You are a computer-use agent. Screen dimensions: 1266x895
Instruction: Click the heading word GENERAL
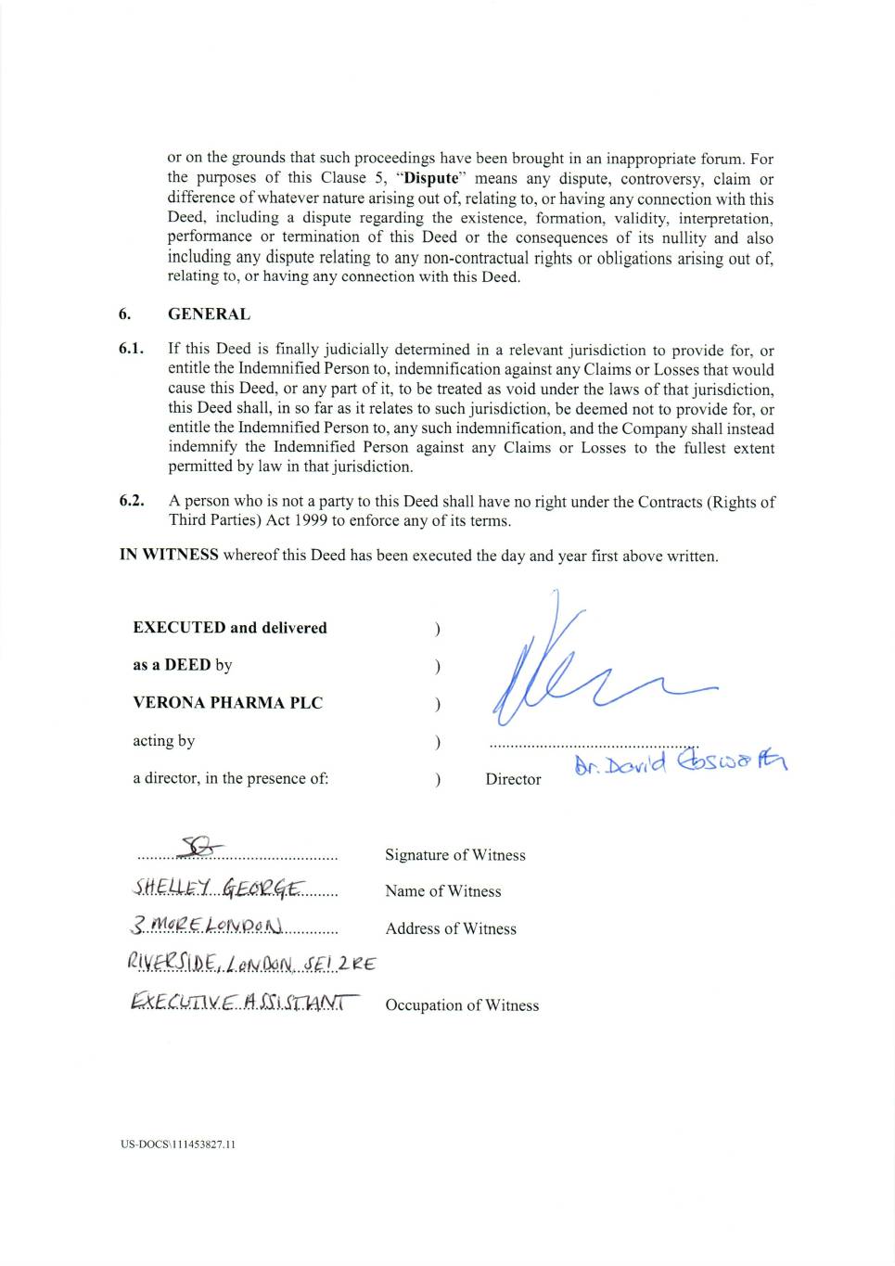tap(209, 314)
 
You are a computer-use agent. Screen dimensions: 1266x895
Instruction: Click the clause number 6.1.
tap(131, 350)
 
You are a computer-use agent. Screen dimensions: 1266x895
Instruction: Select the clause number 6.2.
tap(131, 501)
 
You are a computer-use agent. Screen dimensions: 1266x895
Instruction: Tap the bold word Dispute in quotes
tap(431, 178)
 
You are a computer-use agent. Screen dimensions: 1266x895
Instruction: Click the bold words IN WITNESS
tap(169, 555)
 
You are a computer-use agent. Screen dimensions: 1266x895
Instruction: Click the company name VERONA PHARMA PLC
tap(227, 702)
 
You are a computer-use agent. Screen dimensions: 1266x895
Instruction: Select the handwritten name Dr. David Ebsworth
tap(680, 762)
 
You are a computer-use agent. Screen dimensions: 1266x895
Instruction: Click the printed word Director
tap(513, 779)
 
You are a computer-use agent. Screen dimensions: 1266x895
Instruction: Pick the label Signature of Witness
tap(454, 855)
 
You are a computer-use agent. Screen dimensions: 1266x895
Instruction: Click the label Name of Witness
tap(442, 891)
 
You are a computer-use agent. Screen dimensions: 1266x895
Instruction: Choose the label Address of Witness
tap(451, 928)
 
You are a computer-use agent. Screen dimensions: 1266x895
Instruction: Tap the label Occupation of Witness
tap(462, 1005)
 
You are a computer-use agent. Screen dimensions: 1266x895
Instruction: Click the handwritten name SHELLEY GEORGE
tap(217, 889)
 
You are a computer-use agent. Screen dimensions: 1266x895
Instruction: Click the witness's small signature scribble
tap(201, 847)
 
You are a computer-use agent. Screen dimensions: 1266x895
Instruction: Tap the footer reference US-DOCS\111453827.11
tap(178, 1145)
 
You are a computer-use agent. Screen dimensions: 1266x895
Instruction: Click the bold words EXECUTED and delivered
tap(230, 628)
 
